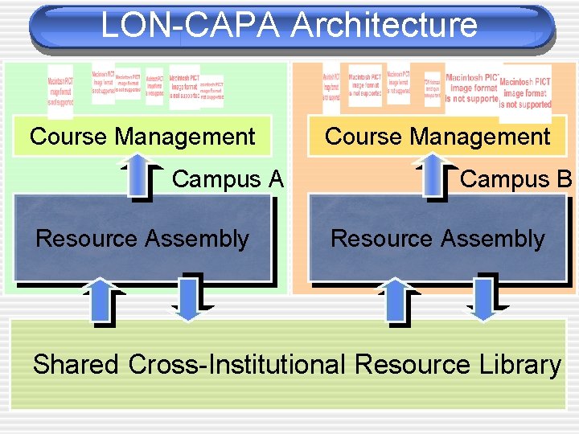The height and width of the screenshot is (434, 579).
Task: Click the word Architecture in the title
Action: (384, 25)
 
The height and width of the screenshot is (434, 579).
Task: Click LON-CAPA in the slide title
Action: (191, 25)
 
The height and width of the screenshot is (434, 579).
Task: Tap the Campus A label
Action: (228, 178)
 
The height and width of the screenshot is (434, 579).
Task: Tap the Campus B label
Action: (515, 178)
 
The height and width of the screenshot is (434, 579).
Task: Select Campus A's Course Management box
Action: (142, 137)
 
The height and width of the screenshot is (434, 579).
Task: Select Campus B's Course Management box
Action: (437, 137)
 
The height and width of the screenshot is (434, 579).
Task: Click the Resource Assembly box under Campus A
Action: (142, 238)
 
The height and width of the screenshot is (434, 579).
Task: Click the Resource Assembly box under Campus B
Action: (437, 238)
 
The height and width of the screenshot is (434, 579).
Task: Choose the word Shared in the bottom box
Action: (75, 364)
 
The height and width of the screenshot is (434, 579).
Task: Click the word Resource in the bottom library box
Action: (411, 364)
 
